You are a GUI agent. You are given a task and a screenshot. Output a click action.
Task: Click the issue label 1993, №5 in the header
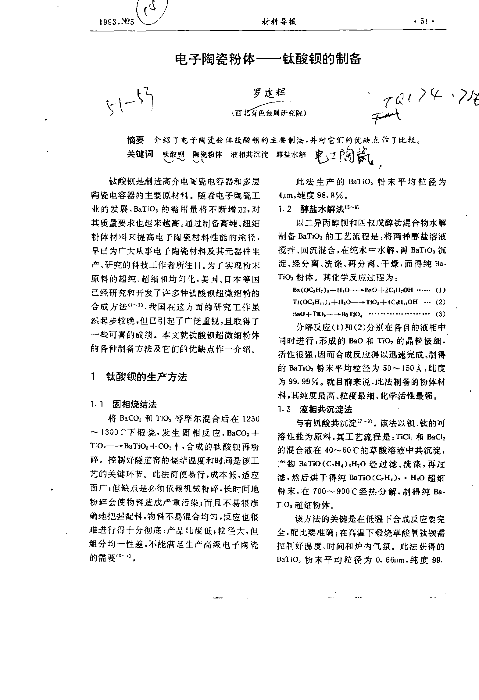117,22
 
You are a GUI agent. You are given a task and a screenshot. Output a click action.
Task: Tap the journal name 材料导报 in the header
279,22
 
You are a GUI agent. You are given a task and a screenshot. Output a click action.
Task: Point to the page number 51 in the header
424,21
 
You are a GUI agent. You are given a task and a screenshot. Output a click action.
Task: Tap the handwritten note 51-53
130,102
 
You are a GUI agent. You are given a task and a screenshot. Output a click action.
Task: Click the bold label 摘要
135,140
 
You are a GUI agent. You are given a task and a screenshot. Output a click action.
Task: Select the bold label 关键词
140,154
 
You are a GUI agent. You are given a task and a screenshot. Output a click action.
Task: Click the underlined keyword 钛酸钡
173,154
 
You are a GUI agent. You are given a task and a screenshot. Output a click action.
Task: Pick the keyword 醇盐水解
291,154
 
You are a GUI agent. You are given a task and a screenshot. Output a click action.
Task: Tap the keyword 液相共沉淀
249,154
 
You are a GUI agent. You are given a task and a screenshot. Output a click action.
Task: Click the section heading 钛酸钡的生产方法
146,377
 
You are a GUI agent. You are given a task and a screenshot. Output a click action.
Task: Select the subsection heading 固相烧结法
134,404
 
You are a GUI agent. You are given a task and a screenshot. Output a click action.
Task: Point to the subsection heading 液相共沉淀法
326,409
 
